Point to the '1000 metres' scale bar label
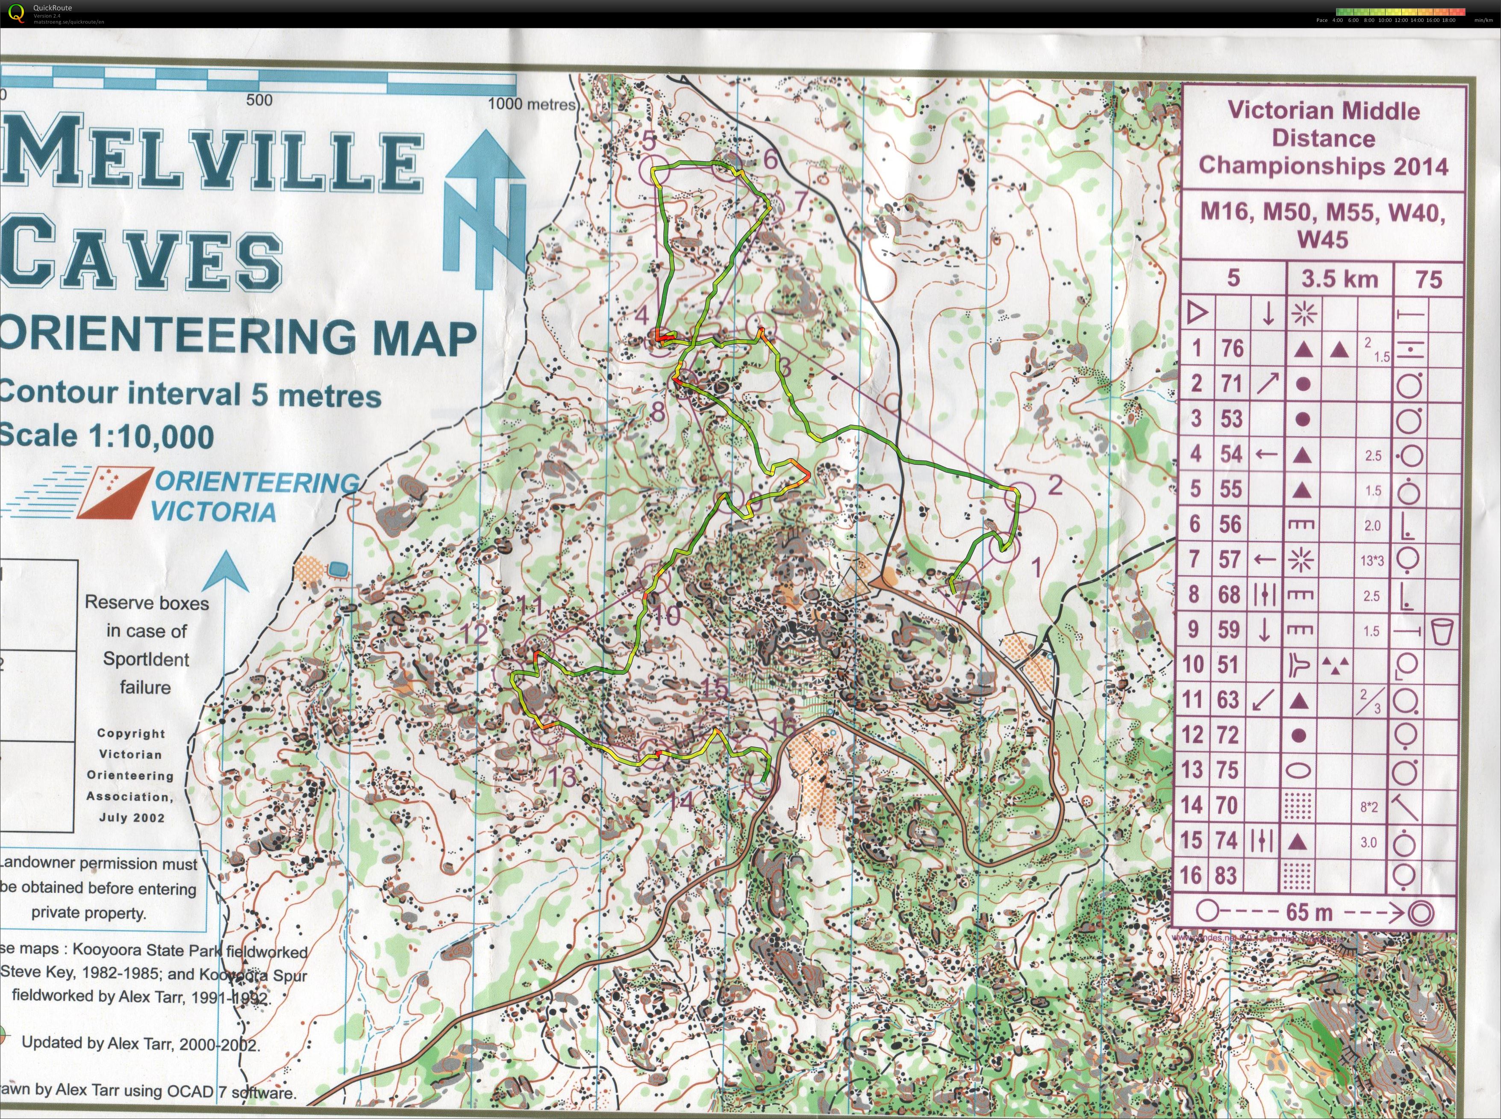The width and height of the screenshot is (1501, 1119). [532, 104]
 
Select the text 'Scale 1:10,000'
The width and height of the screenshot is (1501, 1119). [106, 436]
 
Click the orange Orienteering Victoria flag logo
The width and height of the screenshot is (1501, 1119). [115, 493]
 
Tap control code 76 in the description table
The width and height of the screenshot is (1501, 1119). [1232, 348]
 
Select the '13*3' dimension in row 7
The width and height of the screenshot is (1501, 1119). [1372, 560]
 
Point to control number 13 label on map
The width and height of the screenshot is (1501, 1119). [562, 777]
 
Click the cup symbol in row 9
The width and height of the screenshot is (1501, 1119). [1443, 631]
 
